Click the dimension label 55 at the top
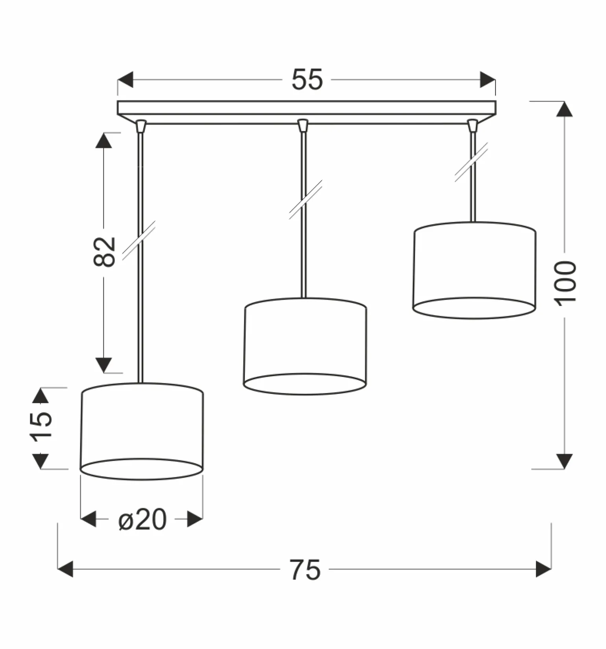(x=307, y=80)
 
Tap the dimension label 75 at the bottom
(x=305, y=569)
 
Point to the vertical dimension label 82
(x=105, y=252)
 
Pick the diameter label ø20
(x=142, y=519)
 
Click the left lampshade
(x=142, y=431)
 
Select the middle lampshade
(x=305, y=346)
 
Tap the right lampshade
(x=474, y=270)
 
